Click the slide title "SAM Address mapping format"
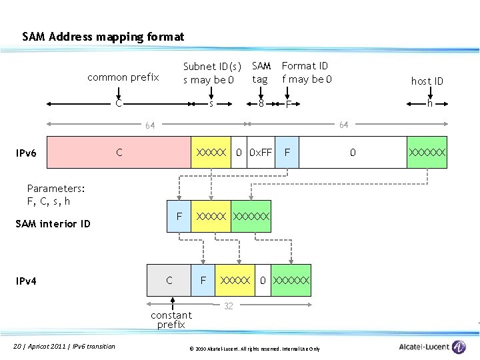point(103,37)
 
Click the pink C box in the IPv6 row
point(119,153)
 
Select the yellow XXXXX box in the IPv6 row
point(211,153)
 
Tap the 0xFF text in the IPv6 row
point(260,153)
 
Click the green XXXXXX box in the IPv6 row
point(427,153)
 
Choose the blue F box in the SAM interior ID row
point(179,217)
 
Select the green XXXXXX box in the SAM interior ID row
point(251,217)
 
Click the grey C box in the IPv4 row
point(169,281)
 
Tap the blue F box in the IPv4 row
point(203,281)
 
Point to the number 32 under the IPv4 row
point(228,306)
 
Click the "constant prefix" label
point(171,319)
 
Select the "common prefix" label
point(123,77)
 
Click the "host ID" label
point(427,81)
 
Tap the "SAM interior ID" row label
point(53,224)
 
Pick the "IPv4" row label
point(26,281)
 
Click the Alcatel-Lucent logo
point(433,347)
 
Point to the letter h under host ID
point(430,103)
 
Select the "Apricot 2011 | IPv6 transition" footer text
point(64,346)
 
